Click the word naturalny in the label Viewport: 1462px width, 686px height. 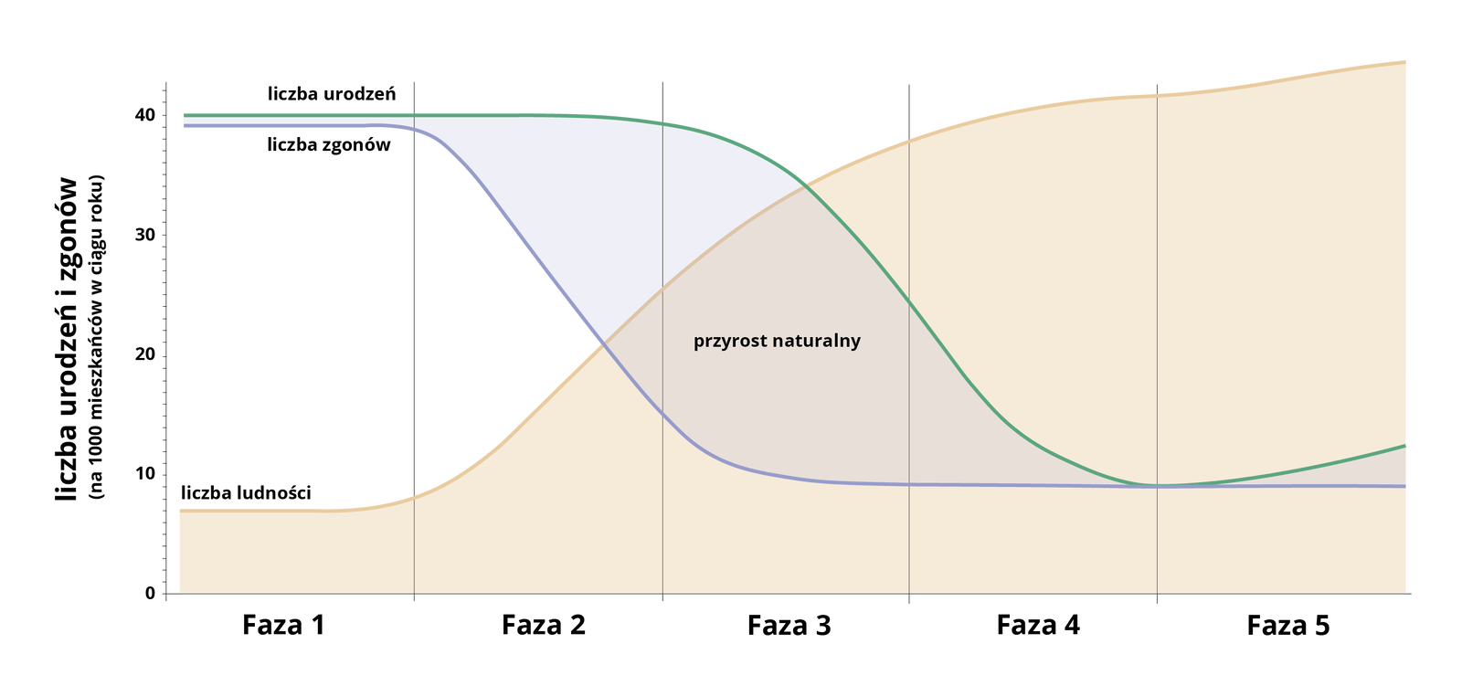[819, 341]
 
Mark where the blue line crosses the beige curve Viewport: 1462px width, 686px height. [601, 343]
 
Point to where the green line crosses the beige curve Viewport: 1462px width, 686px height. [805, 185]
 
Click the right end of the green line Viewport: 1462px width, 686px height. [1407, 446]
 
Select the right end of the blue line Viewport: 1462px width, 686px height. [1407, 486]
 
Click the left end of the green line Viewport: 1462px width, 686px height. [182, 114]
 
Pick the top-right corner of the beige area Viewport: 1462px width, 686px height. [1407, 58]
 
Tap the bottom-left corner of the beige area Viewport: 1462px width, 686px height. [178, 592]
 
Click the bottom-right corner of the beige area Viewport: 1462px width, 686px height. [1407, 592]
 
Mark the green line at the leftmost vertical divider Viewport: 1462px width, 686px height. [414, 114]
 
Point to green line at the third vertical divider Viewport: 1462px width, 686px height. [909, 301]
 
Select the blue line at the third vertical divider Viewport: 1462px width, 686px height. [909, 484]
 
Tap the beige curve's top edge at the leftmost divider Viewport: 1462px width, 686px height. [414, 495]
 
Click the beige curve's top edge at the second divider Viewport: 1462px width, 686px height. [662, 287]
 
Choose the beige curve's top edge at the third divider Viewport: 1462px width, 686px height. [909, 138]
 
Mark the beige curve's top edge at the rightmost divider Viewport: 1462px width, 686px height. [1158, 92]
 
